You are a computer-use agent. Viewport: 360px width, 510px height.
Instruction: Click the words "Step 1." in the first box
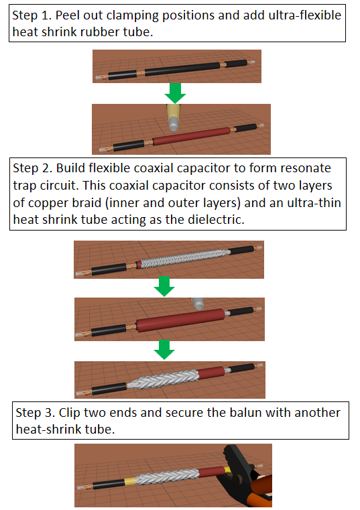pos(32,15)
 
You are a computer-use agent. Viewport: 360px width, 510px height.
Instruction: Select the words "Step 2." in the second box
pos(33,168)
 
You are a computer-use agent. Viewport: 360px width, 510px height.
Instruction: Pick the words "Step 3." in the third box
pos(35,412)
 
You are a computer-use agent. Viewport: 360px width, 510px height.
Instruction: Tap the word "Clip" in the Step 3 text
pos(70,412)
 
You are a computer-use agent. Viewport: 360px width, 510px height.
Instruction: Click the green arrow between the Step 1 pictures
pos(175,93)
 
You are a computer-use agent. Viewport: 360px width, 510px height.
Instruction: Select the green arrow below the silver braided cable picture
pos(164,287)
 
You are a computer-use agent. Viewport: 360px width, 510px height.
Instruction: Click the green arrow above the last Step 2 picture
pos(164,350)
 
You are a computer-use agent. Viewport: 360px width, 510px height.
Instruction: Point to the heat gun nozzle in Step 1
pos(174,117)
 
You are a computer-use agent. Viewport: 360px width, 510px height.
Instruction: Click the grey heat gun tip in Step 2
pos(198,304)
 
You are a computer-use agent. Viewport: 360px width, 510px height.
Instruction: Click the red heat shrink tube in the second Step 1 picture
pos(192,136)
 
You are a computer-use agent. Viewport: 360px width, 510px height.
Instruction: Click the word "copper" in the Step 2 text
pos(48,202)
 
